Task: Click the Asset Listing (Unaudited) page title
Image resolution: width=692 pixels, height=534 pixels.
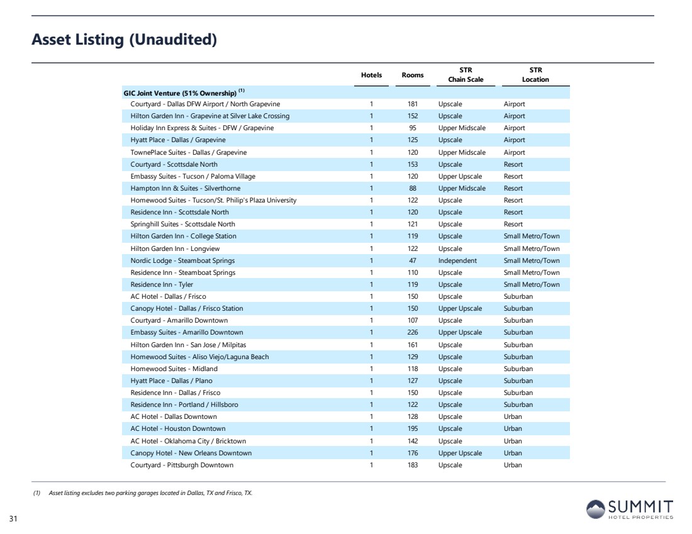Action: [124, 39]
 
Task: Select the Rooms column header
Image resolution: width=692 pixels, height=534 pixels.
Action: [413, 75]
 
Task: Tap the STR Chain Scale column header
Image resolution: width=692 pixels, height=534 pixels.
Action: [466, 75]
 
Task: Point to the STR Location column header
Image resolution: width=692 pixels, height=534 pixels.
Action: [535, 75]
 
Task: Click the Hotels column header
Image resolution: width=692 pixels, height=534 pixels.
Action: [372, 75]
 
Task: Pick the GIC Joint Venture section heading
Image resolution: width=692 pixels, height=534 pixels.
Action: [184, 92]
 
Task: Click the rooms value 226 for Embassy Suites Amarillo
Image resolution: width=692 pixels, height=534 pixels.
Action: [413, 332]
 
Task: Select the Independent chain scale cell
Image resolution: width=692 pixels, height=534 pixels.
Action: [457, 260]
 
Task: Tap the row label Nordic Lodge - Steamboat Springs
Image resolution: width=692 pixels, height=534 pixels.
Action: [182, 260]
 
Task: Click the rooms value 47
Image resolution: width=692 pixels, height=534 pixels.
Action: [413, 260]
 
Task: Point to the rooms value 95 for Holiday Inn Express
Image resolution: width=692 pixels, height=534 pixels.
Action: [413, 128]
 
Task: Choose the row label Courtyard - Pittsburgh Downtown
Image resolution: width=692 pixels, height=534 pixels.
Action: [182, 465]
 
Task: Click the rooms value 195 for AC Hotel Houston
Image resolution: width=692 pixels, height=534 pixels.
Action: [413, 428]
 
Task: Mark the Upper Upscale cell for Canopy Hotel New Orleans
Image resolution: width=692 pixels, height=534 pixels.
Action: [460, 453]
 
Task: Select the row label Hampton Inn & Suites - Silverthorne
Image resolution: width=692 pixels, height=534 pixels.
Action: [186, 188]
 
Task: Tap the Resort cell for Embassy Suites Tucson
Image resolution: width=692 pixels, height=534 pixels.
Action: [513, 176]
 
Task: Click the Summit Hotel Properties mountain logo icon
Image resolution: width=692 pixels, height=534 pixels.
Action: [595, 509]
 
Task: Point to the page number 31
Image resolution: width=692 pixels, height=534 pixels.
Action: [13, 518]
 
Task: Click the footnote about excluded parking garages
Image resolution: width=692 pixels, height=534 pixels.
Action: [143, 493]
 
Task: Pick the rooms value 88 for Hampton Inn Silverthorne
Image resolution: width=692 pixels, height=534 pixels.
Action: [413, 188]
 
